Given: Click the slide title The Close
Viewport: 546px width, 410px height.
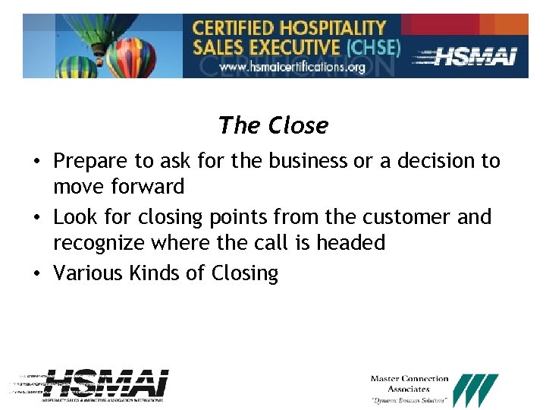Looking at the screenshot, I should (x=273, y=125).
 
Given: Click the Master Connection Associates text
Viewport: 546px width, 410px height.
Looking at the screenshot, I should (x=409, y=383).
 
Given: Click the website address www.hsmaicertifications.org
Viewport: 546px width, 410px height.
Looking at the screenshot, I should (x=293, y=67).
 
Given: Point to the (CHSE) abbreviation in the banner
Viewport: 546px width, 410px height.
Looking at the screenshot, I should (x=372, y=46).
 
